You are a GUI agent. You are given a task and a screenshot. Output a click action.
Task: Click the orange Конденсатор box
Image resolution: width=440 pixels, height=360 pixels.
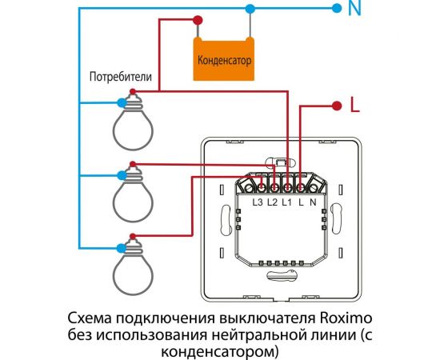tap(224, 60)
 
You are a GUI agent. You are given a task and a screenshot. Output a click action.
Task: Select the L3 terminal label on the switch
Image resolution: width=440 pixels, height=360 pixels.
tap(258, 203)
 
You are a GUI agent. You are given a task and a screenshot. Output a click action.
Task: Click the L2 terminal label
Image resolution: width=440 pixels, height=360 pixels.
tap(273, 203)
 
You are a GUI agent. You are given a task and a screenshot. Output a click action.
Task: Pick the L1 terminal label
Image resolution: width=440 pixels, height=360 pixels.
tap(287, 203)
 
